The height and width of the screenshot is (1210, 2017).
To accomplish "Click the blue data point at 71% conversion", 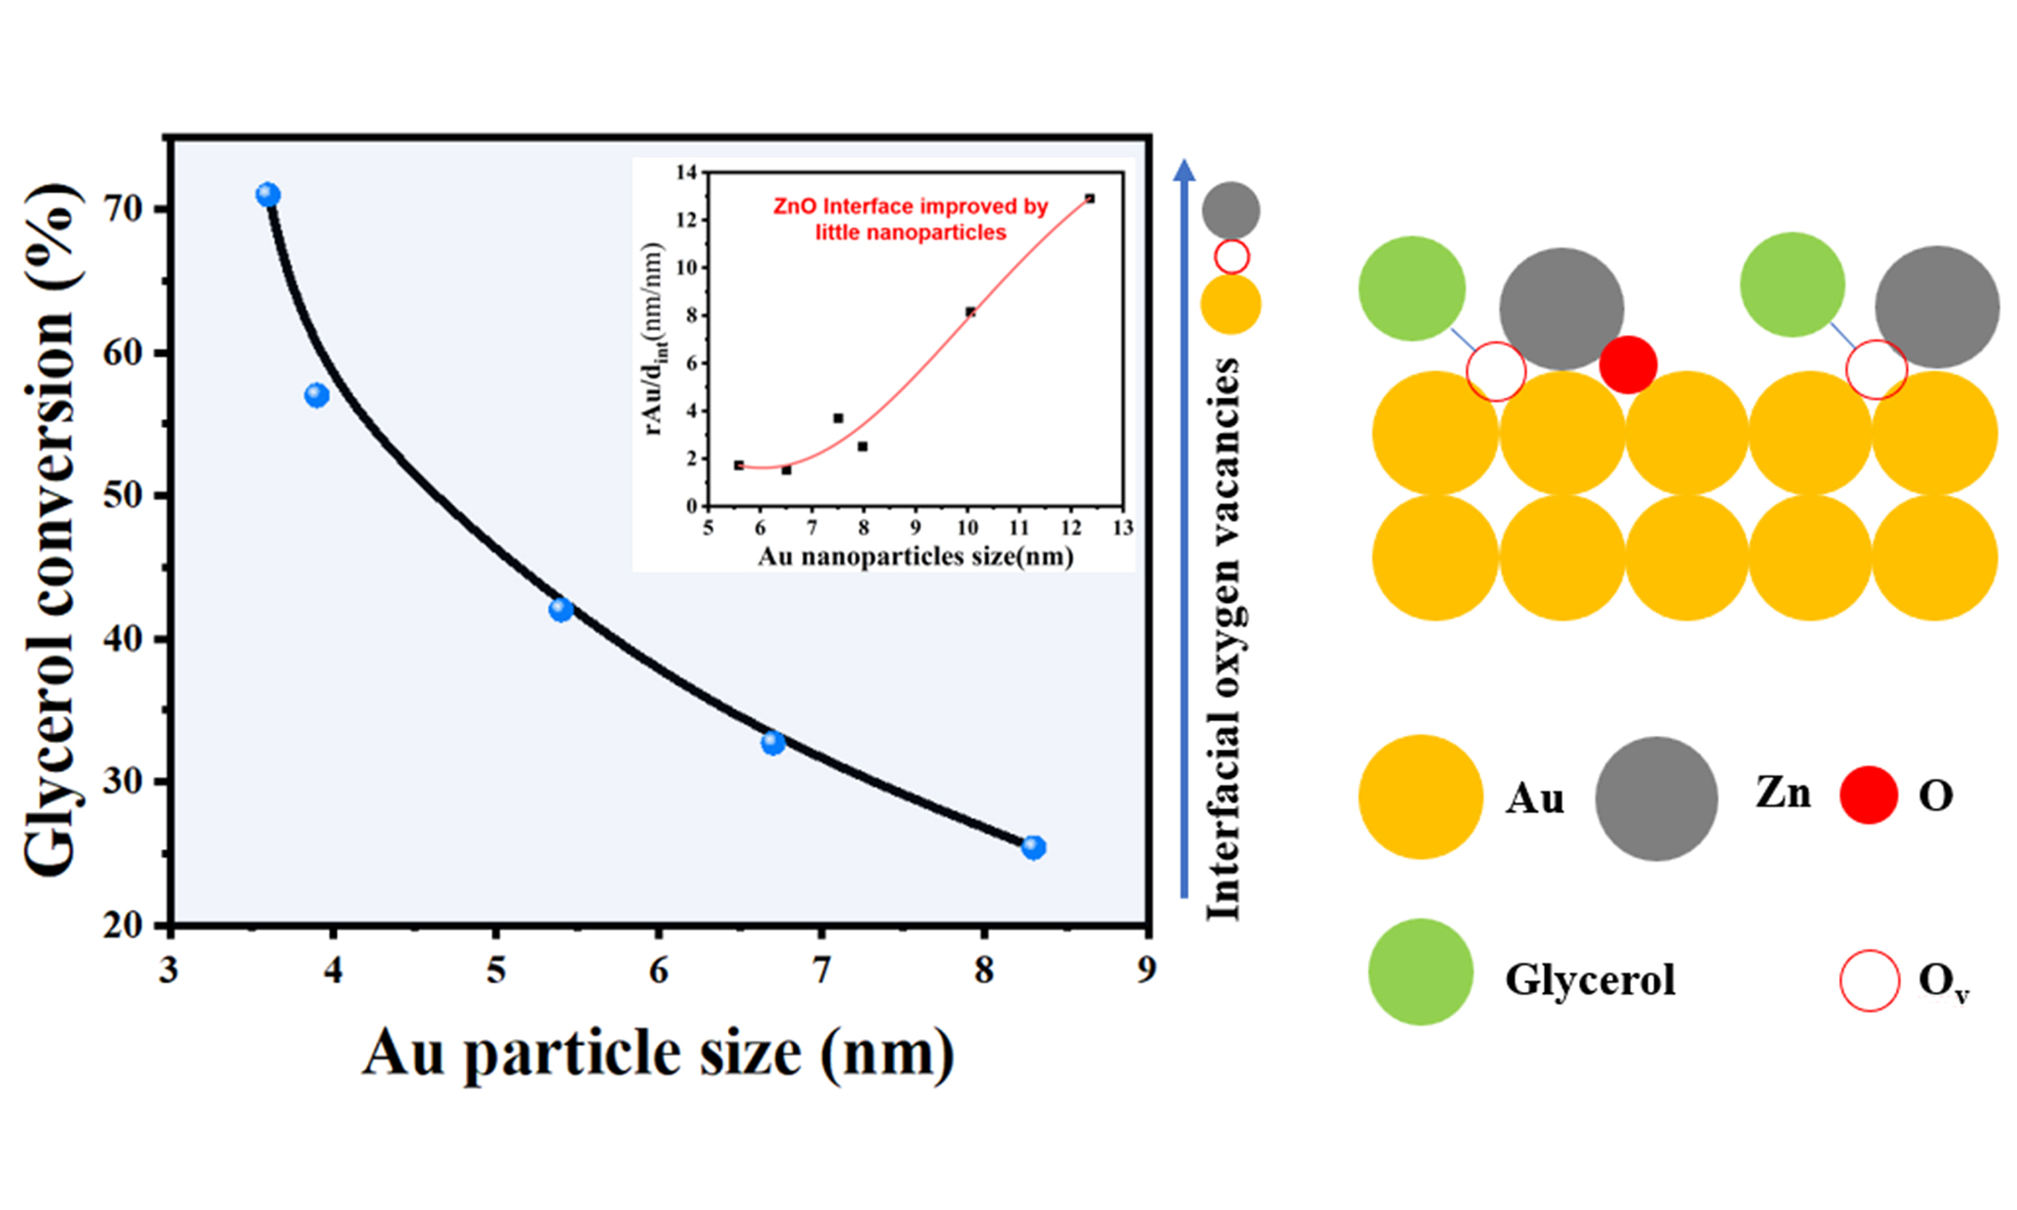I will pos(267,195).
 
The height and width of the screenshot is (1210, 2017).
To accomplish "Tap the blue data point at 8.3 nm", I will pos(1033,847).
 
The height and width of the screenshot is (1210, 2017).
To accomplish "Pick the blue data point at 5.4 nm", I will pos(561,609).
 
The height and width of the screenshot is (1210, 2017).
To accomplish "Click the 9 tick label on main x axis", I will pos(1146,970).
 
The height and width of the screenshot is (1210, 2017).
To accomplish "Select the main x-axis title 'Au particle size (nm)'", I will pos(657,1052).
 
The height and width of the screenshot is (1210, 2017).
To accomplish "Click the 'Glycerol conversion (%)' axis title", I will pos(53,530).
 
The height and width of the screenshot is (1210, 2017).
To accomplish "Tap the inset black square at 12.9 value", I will pos(1089,199).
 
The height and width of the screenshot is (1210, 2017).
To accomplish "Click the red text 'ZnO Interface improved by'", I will pos(910,206).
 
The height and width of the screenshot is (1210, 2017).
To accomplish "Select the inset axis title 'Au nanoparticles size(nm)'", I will pos(915,557).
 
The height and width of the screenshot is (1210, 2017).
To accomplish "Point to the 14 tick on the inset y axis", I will pos(686,172).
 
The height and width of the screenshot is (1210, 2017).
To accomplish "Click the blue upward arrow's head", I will pos(1185,169).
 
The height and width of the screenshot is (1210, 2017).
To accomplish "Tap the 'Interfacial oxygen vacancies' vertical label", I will pos(1223,640).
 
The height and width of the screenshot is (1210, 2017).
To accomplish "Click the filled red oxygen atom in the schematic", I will pos(1627,365).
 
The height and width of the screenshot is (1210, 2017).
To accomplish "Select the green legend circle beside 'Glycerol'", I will pos(1421,972).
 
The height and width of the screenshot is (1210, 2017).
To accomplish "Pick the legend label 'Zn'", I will pos(1783,792).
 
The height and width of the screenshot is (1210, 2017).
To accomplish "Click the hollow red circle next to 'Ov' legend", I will pos(1870,980).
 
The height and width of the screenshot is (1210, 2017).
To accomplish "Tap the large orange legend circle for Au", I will pos(1421,796).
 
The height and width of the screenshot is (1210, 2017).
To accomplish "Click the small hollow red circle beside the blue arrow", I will pos(1231,257).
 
